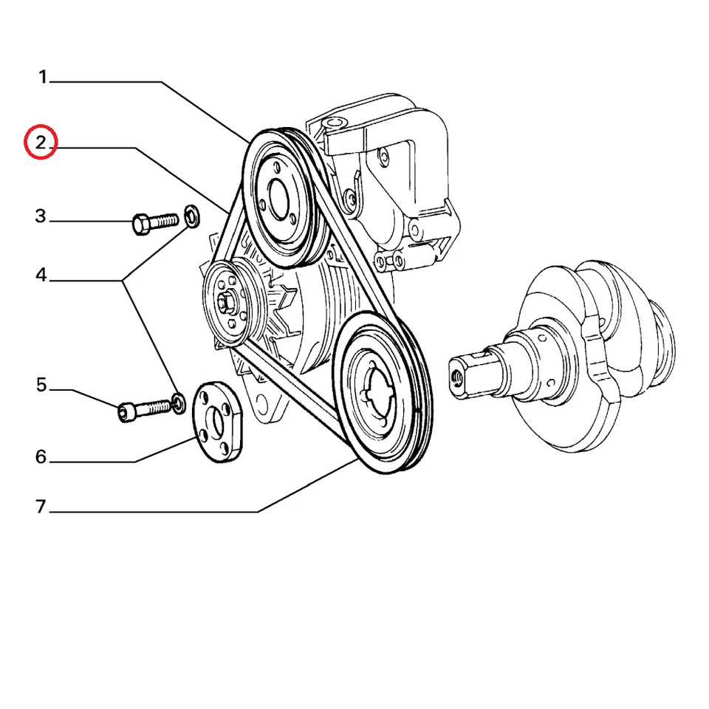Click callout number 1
point(43,77)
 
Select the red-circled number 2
point(41,143)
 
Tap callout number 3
point(41,216)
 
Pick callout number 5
point(41,385)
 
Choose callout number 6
point(41,457)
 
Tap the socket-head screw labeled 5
point(145,408)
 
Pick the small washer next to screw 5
point(178,402)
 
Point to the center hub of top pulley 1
point(278,199)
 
